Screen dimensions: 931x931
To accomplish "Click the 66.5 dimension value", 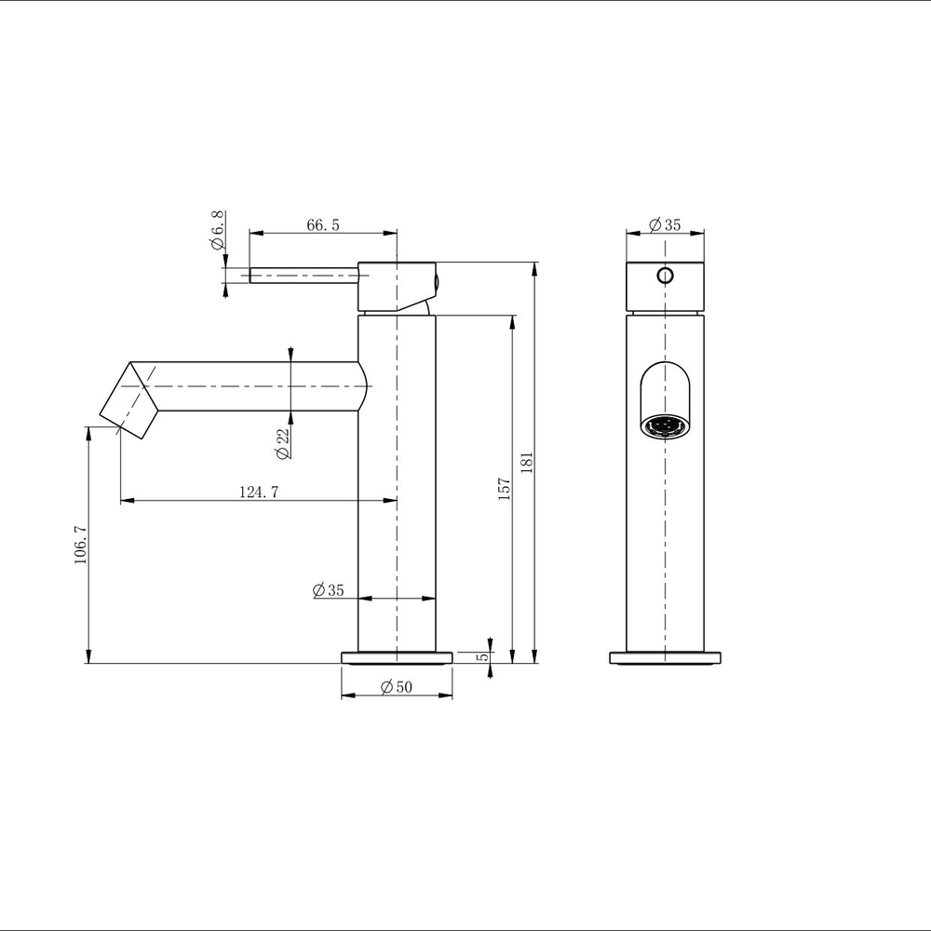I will point(322,224).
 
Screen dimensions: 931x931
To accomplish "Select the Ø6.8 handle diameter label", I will point(218,231).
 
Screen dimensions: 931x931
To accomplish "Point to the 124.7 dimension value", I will point(259,492).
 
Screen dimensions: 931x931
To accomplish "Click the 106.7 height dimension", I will point(80,545).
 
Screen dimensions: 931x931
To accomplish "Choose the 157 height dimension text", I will point(504,489).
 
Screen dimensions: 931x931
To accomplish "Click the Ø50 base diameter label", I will point(398,687).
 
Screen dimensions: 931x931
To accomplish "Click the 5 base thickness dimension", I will point(481,656).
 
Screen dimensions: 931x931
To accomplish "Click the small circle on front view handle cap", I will point(665,275).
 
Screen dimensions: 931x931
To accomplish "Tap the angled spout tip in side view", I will point(130,400).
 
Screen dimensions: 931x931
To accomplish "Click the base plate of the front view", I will point(665,657).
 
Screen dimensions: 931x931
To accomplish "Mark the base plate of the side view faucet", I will point(398,657).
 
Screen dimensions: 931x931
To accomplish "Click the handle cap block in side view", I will point(396,286).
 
